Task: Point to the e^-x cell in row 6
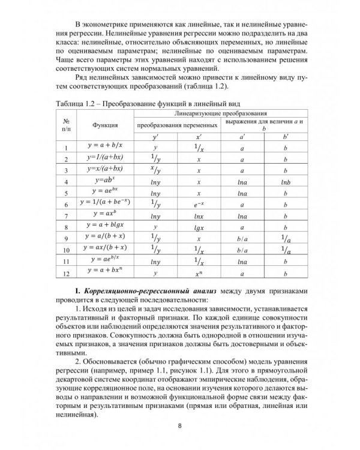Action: tap(199, 205)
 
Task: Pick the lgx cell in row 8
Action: tap(199, 228)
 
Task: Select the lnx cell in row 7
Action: tap(199, 216)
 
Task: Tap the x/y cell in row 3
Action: tap(155, 170)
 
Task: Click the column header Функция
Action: tap(104, 125)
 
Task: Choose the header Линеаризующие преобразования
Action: tap(220, 112)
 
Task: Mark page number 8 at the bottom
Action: tap(180, 427)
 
